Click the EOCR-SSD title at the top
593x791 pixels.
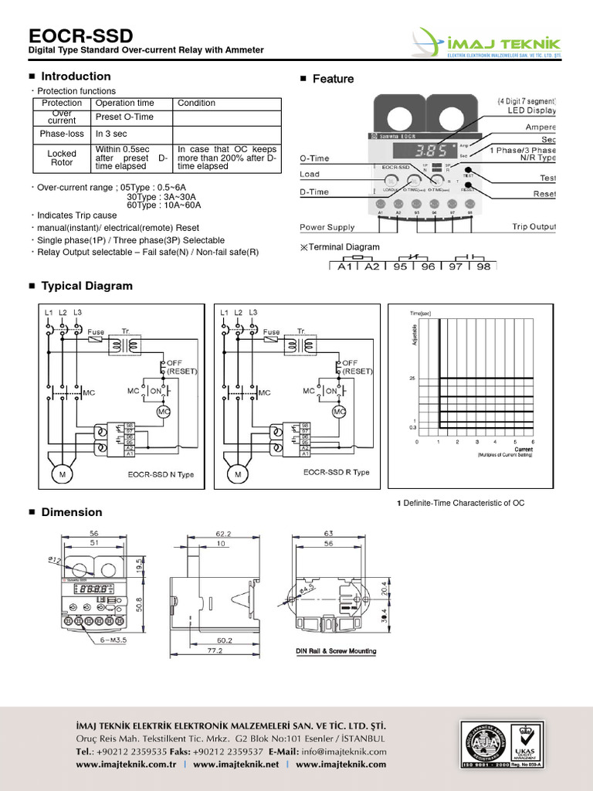[80, 36]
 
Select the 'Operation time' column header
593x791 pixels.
[124, 103]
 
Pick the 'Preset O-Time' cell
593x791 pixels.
[124, 117]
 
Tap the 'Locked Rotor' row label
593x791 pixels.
[62, 158]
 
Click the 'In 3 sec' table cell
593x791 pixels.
[111, 134]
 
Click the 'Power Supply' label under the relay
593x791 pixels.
[327, 227]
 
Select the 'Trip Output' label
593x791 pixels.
[534, 227]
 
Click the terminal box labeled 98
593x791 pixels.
[482, 266]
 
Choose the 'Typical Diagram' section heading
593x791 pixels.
[86, 286]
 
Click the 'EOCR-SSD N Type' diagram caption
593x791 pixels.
[161, 474]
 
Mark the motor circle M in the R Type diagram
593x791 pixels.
[238, 474]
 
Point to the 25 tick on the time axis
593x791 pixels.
[412, 379]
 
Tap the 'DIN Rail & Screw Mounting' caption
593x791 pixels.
[336, 651]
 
